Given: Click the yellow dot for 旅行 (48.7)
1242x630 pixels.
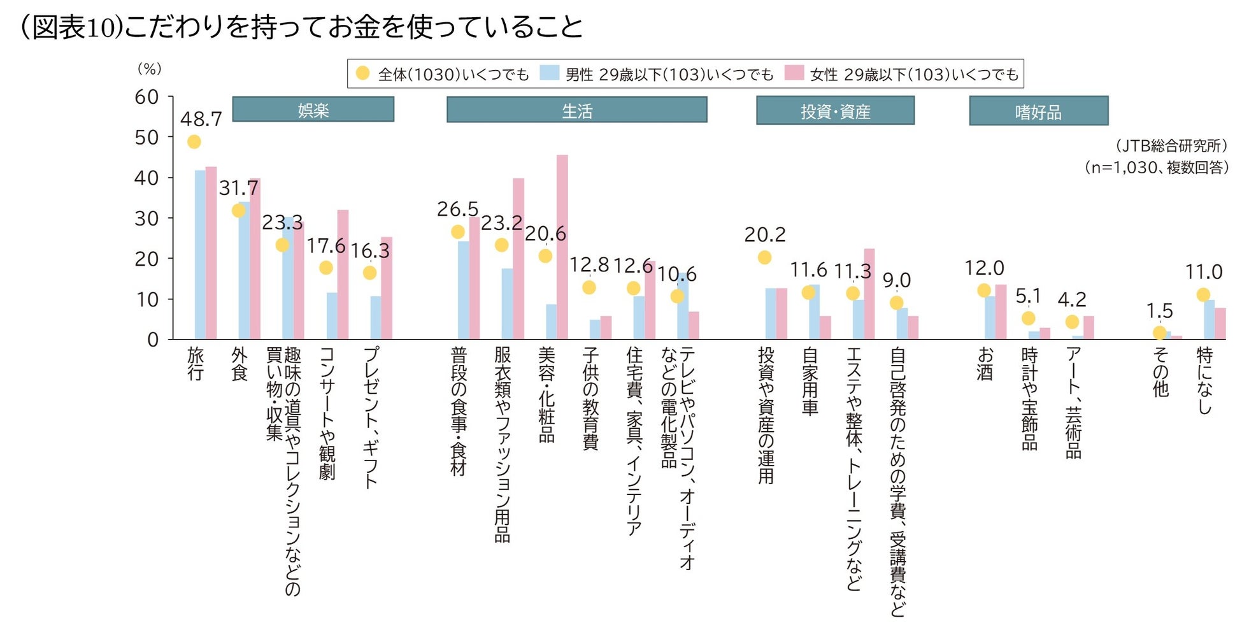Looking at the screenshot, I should [x=194, y=141].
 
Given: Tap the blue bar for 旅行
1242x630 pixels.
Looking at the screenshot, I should [x=200, y=255].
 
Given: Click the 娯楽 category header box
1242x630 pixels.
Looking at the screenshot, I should [x=313, y=110].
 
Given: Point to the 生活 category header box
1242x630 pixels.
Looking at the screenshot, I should [x=577, y=110].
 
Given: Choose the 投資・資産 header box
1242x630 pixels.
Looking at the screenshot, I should [x=835, y=111].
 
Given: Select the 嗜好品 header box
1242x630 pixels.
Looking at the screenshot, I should [x=1038, y=111].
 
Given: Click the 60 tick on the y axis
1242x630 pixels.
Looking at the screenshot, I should [x=146, y=97].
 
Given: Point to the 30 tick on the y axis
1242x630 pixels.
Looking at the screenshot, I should [x=146, y=218].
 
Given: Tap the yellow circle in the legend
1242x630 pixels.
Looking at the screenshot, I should [x=362, y=73].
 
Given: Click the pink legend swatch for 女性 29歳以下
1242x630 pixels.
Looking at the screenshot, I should [x=794, y=73].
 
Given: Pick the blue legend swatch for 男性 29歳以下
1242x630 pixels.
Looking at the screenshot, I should [x=549, y=73].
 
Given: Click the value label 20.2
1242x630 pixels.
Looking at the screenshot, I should [x=764, y=235].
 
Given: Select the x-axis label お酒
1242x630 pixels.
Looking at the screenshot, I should [x=985, y=363].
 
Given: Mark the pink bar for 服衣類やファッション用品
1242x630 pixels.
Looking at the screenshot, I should [x=518, y=259].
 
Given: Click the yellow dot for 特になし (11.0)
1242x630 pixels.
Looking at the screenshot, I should [x=1203, y=295].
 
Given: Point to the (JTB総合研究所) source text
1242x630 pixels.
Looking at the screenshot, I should [x=1171, y=146].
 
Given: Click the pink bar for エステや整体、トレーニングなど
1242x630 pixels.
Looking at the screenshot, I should [x=869, y=294].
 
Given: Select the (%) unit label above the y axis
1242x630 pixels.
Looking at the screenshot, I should [x=150, y=69].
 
